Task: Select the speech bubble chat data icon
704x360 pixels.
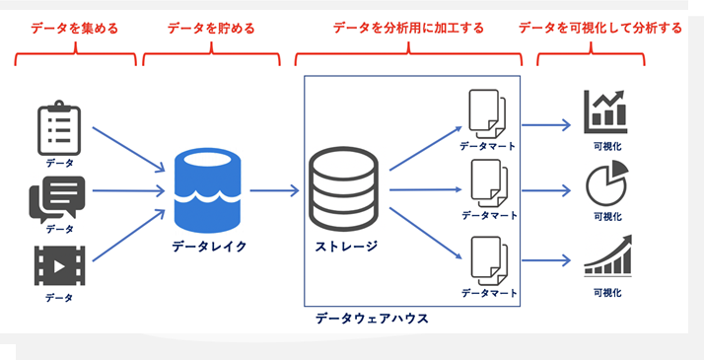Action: (57, 199)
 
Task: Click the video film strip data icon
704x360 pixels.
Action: (60, 265)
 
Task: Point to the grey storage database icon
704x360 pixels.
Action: (343, 189)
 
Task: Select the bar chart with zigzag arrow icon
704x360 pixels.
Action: (605, 111)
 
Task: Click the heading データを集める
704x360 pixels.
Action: (75, 29)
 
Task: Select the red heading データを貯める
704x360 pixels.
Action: (211, 29)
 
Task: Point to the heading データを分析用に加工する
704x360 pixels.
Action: (408, 29)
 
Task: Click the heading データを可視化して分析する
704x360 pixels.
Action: (600, 29)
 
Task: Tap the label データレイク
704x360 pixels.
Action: (209, 247)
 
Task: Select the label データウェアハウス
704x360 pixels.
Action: (372, 319)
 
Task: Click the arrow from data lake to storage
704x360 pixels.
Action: (274, 190)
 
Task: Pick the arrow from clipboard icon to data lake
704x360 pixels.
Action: (129, 150)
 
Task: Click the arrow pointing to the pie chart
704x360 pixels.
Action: (546, 190)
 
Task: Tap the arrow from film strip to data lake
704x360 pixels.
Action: (129, 235)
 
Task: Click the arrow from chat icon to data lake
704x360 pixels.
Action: (129, 190)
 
